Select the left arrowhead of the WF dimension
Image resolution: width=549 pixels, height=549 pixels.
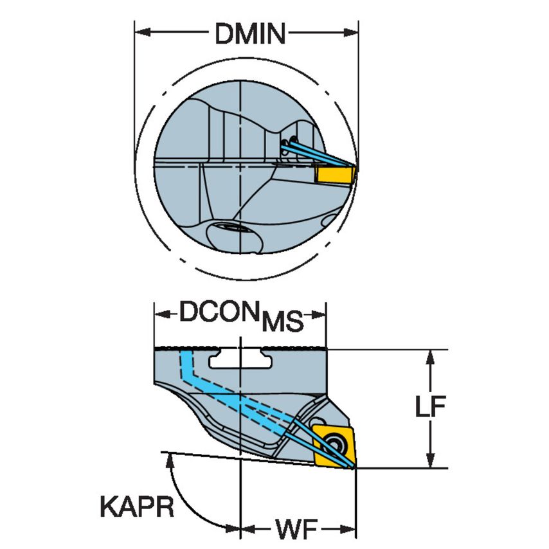point(247,531)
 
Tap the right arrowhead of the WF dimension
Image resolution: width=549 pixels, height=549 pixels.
point(350,531)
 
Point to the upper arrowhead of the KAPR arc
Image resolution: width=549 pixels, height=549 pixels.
point(168,458)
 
